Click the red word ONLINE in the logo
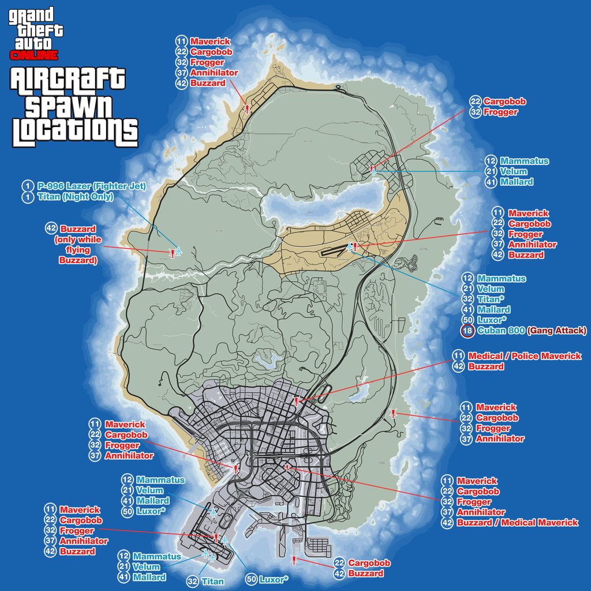coord(34,55)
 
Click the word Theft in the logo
coord(36,29)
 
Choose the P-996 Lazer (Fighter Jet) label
coord(91,186)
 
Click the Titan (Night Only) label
coord(75,196)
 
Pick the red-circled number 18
coord(467,331)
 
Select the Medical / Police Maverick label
coord(525,356)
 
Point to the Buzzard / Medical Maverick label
coord(517,523)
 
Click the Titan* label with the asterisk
coord(491,300)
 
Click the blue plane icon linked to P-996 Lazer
coord(178,252)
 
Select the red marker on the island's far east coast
coord(393,413)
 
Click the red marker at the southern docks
coord(294,559)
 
